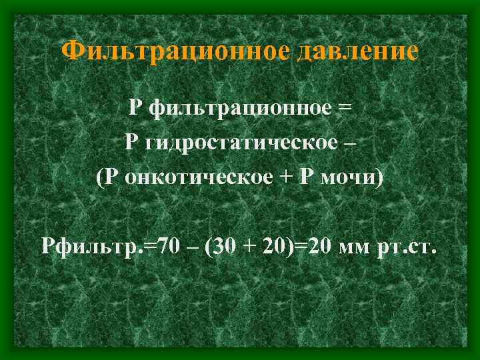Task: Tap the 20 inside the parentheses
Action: [280, 247]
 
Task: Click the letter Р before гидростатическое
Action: [131, 143]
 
